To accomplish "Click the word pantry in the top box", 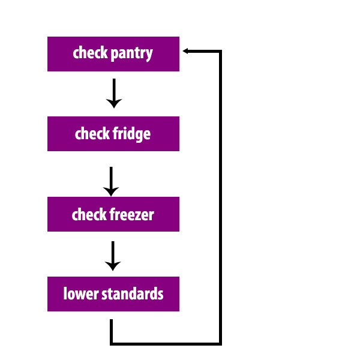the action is (x=132, y=54).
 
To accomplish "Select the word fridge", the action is (x=131, y=134).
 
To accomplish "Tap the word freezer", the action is (x=132, y=214).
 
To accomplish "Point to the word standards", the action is (x=132, y=293).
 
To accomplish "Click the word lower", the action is (x=81, y=293).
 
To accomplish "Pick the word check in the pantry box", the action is (x=90, y=53).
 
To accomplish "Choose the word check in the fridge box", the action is (x=92, y=133).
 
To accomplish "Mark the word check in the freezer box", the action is (x=89, y=214).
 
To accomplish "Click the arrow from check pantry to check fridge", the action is (x=114, y=93).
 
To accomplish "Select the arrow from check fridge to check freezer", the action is (x=111, y=181).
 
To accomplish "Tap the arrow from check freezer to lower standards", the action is (x=113, y=256).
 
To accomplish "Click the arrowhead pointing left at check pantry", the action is (x=185, y=51).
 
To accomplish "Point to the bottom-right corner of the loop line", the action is (x=220, y=344).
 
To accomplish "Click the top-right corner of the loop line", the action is (x=220, y=51).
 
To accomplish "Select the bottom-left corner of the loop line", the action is (x=112, y=344).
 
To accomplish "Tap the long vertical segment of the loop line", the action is (x=220, y=197).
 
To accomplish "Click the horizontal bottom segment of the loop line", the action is (x=166, y=344).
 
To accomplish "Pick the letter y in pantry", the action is (x=149, y=55).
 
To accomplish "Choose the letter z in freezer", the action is (x=138, y=216).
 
